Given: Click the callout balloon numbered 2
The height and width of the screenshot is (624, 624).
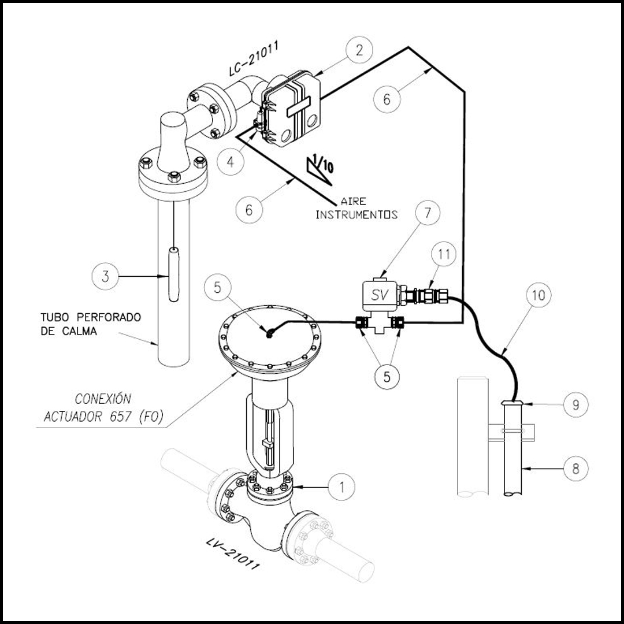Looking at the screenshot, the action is [359, 50].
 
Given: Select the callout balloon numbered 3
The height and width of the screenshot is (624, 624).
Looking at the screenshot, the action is [106, 276].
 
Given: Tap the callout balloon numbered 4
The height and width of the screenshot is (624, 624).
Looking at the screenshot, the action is [231, 162].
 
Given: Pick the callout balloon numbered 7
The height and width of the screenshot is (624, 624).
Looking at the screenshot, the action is [428, 213].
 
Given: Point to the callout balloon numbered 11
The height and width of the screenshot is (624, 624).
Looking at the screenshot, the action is [444, 254].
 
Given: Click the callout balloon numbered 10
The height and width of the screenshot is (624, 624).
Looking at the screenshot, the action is [538, 295].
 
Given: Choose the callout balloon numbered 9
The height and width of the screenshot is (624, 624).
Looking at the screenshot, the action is [575, 404].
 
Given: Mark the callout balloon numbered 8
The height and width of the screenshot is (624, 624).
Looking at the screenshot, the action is [575, 469].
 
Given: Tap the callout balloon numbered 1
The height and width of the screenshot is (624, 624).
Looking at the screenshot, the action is [341, 486].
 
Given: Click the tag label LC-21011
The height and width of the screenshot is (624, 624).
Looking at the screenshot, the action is [254, 58].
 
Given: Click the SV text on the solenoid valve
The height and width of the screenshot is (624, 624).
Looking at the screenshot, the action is [379, 295].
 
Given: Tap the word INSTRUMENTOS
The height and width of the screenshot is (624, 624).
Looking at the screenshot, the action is [356, 215].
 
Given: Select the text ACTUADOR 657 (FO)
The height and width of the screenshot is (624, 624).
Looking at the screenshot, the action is [103, 417].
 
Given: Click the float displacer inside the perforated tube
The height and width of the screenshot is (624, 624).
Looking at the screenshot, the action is [174, 274].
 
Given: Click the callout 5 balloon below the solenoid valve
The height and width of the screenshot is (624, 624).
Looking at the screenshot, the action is [387, 377].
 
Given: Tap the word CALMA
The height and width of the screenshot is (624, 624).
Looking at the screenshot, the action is [80, 331].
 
